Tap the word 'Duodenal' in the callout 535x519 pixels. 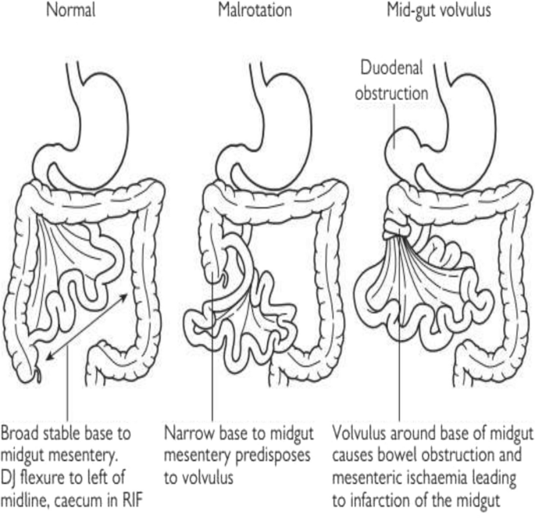coord(391,67)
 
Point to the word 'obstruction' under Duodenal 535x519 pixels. coord(391,93)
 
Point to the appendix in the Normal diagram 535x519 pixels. coord(37,374)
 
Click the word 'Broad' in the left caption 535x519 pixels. coord(23,432)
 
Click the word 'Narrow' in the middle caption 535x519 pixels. coord(187,432)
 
